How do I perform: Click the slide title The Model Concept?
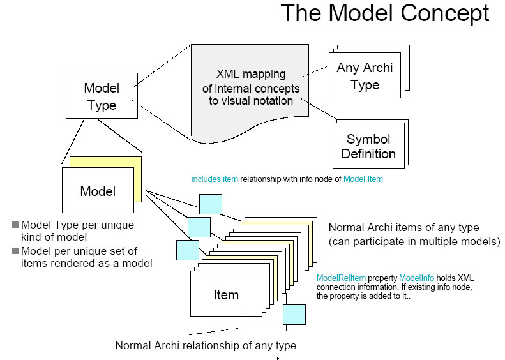click(x=385, y=13)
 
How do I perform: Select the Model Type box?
click(x=102, y=96)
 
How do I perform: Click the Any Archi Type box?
click(x=365, y=77)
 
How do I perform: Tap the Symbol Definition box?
click(x=368, y=146)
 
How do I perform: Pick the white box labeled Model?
click(x=98, y=191)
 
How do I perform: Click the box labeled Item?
click(x=226, y=294)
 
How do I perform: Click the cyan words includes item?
click(x=215, y=179)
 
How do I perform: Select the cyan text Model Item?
click(x=363, y=179)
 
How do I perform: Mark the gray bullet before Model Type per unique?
click(x=15, y=225)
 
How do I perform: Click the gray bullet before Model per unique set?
click(x=15, y=251)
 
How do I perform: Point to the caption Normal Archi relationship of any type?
click(x=206, y=345)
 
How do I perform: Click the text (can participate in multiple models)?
click(x=414, y=242)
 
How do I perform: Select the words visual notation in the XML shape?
click(x=262, y=100)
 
